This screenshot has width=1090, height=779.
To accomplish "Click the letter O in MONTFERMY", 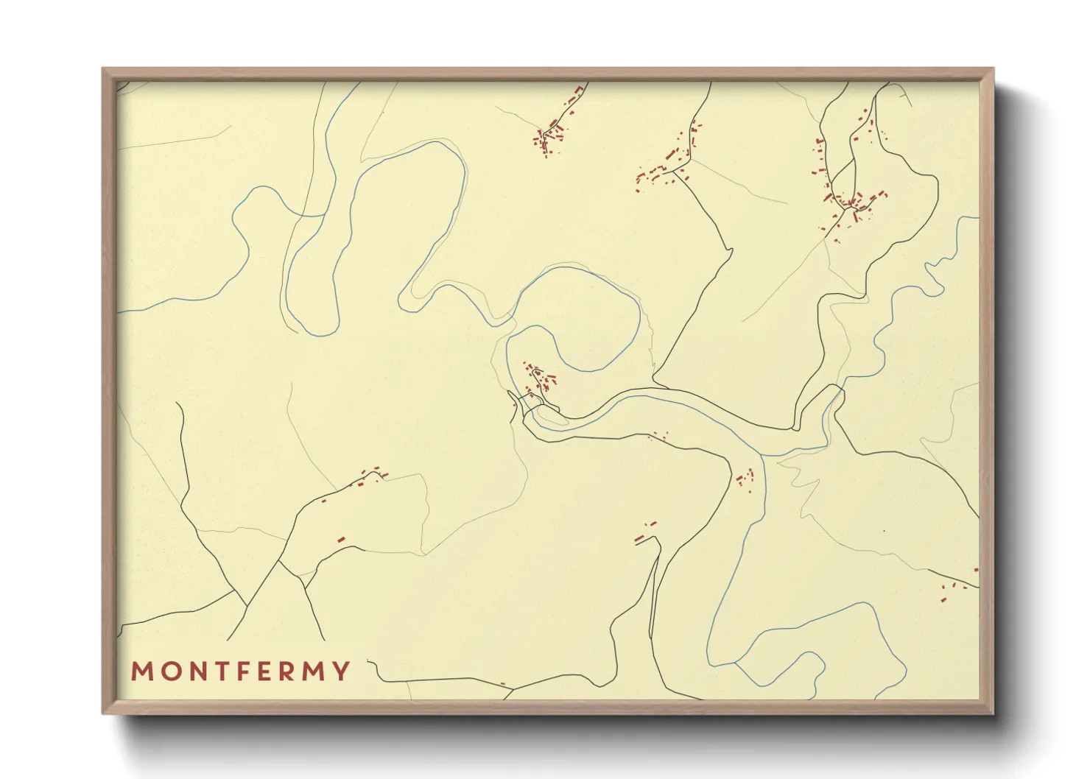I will pos(172,672).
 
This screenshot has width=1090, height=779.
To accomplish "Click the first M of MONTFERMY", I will pos(141,672).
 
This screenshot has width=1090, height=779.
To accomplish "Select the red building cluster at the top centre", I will pos(551,136).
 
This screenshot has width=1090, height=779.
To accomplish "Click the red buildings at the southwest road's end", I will pos(372,475).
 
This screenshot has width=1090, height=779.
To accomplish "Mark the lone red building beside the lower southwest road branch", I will pos(342,540).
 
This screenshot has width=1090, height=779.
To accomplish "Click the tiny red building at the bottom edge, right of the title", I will pos(503,684).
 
